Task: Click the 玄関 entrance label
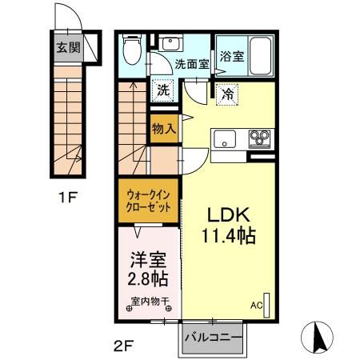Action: (x=68, y=46)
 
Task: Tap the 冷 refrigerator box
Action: (x=227, y=94)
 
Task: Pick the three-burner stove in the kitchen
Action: (x=262, y=138)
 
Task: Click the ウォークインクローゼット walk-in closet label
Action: (x=150, y=198)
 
